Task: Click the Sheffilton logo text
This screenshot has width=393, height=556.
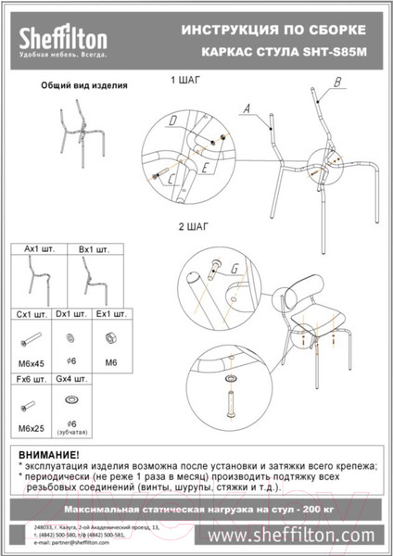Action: [64, 38]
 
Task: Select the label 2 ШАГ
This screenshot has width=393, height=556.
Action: [193, 225]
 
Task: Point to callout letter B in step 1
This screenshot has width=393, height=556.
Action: [336, 82]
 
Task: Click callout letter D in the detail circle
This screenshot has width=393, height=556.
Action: [172, 121]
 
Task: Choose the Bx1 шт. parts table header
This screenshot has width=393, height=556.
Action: [95, 250]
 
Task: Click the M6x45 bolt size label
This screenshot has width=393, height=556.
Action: [33, 360]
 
